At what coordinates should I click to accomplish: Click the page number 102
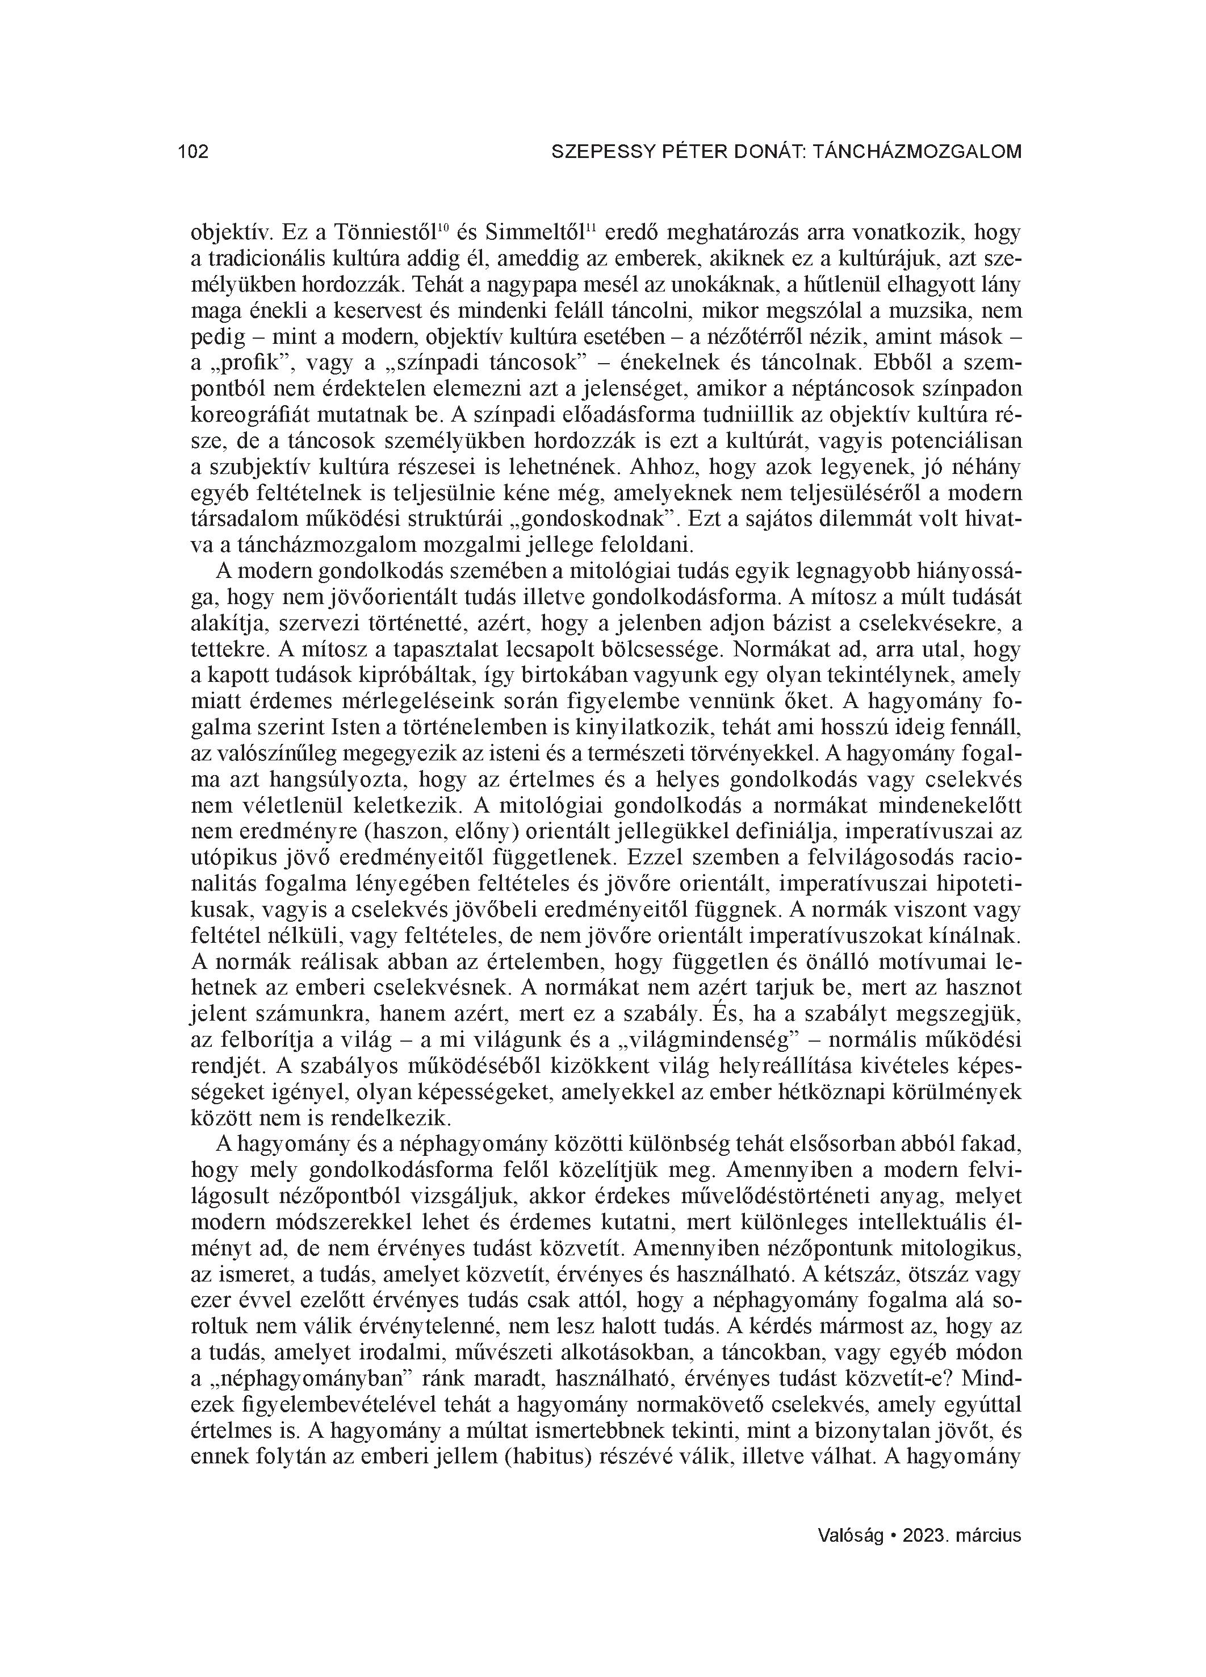tap(194, 152)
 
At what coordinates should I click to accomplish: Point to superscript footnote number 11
tap(590, 227)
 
